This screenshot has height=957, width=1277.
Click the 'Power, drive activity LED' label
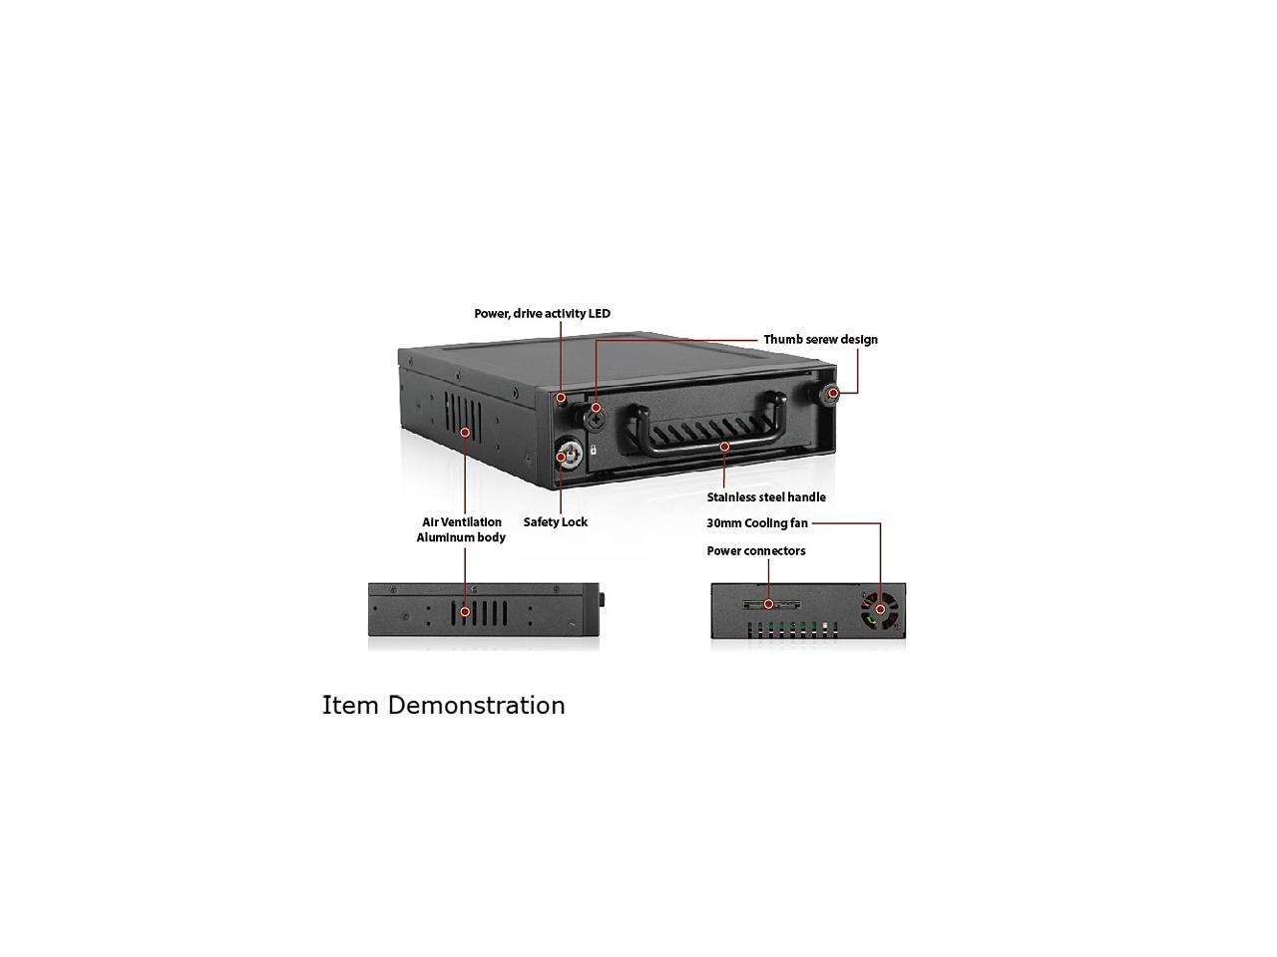[x=542, y=314]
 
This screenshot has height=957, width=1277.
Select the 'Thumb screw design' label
[x=820, y=340]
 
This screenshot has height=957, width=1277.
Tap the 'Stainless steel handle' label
[x=766, y=497]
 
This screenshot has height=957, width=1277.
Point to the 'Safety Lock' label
[x=556, y=522]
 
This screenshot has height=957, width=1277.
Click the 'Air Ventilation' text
[x=462, y=522]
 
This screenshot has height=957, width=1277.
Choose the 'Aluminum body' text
[x=461, y=538]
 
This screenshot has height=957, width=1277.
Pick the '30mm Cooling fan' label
[x=757, y=523]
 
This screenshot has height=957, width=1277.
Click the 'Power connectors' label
[x=756, y=551]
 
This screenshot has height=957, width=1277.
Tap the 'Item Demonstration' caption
[x=443, y=706]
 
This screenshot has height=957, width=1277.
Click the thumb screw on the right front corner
[x=833, y=394]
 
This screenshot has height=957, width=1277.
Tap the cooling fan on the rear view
[x=880, y=609]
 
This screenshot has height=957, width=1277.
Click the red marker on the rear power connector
[x=768, y=604]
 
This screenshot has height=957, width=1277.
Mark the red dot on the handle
[x=724, y=447]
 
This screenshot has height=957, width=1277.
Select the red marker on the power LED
[x=563, y=397]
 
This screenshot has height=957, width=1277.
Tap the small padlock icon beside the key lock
[x=593, y=451]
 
